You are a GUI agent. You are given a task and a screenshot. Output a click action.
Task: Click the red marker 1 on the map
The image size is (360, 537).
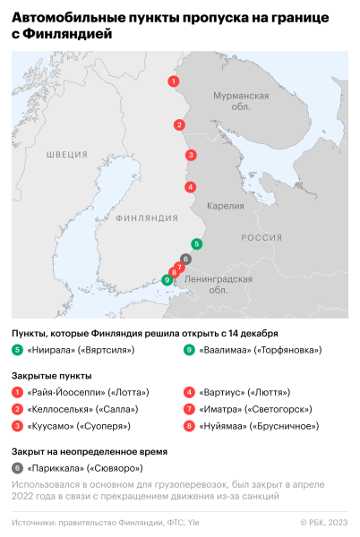coord(173,81)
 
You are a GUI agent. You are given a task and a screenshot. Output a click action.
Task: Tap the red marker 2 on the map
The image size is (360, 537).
coord(180,124)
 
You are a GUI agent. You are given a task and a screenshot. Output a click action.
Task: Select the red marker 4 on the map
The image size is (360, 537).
coord(190,187)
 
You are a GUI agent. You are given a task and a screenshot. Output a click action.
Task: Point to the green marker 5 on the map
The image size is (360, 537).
coord(197,243)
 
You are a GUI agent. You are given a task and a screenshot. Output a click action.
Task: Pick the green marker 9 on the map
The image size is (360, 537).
coord(167,279)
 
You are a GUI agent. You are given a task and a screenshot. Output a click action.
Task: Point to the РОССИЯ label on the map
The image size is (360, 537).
coord(261,237)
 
